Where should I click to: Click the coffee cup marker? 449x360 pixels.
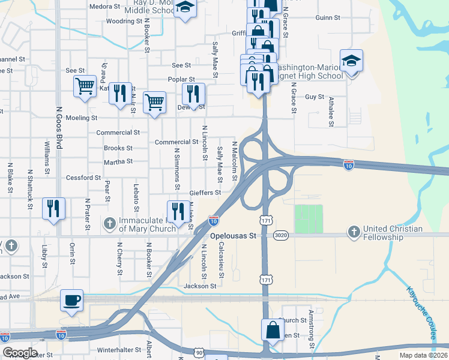pyautogui.click(x=72, y=300)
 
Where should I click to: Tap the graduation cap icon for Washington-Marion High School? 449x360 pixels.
pyautogui.click(x=351, y=61)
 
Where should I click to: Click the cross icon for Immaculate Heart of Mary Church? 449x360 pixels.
pyautogui.click(x=109, y=224)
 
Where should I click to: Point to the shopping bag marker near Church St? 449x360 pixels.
pyautogui.click(x=273, y=330)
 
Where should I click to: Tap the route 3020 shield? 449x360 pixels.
pyautogui.click(x=280, y=236)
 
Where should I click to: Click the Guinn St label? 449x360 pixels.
pyautogui.click(x=327, y=18)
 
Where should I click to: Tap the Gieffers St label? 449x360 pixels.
pyautogui.click(x=205, y=193)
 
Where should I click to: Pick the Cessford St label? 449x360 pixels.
pyautogui.click(x=83, y=178)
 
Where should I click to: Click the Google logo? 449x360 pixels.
pyautogui.click(x=19, y=353)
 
